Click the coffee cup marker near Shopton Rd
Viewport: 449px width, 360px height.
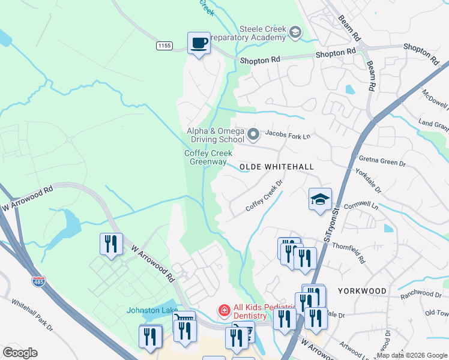199,43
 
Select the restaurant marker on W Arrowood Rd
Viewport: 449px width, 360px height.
111,245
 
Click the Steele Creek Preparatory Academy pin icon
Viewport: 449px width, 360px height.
295,32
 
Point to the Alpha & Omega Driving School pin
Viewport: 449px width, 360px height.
253,134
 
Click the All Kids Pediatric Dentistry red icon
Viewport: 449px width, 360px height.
223,310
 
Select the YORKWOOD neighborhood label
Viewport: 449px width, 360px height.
362,291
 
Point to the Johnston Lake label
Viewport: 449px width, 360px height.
148,310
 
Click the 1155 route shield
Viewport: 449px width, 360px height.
163,46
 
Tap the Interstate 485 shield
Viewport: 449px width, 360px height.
39,281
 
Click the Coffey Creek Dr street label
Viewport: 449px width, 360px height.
264,196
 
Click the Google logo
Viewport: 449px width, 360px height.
20,353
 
